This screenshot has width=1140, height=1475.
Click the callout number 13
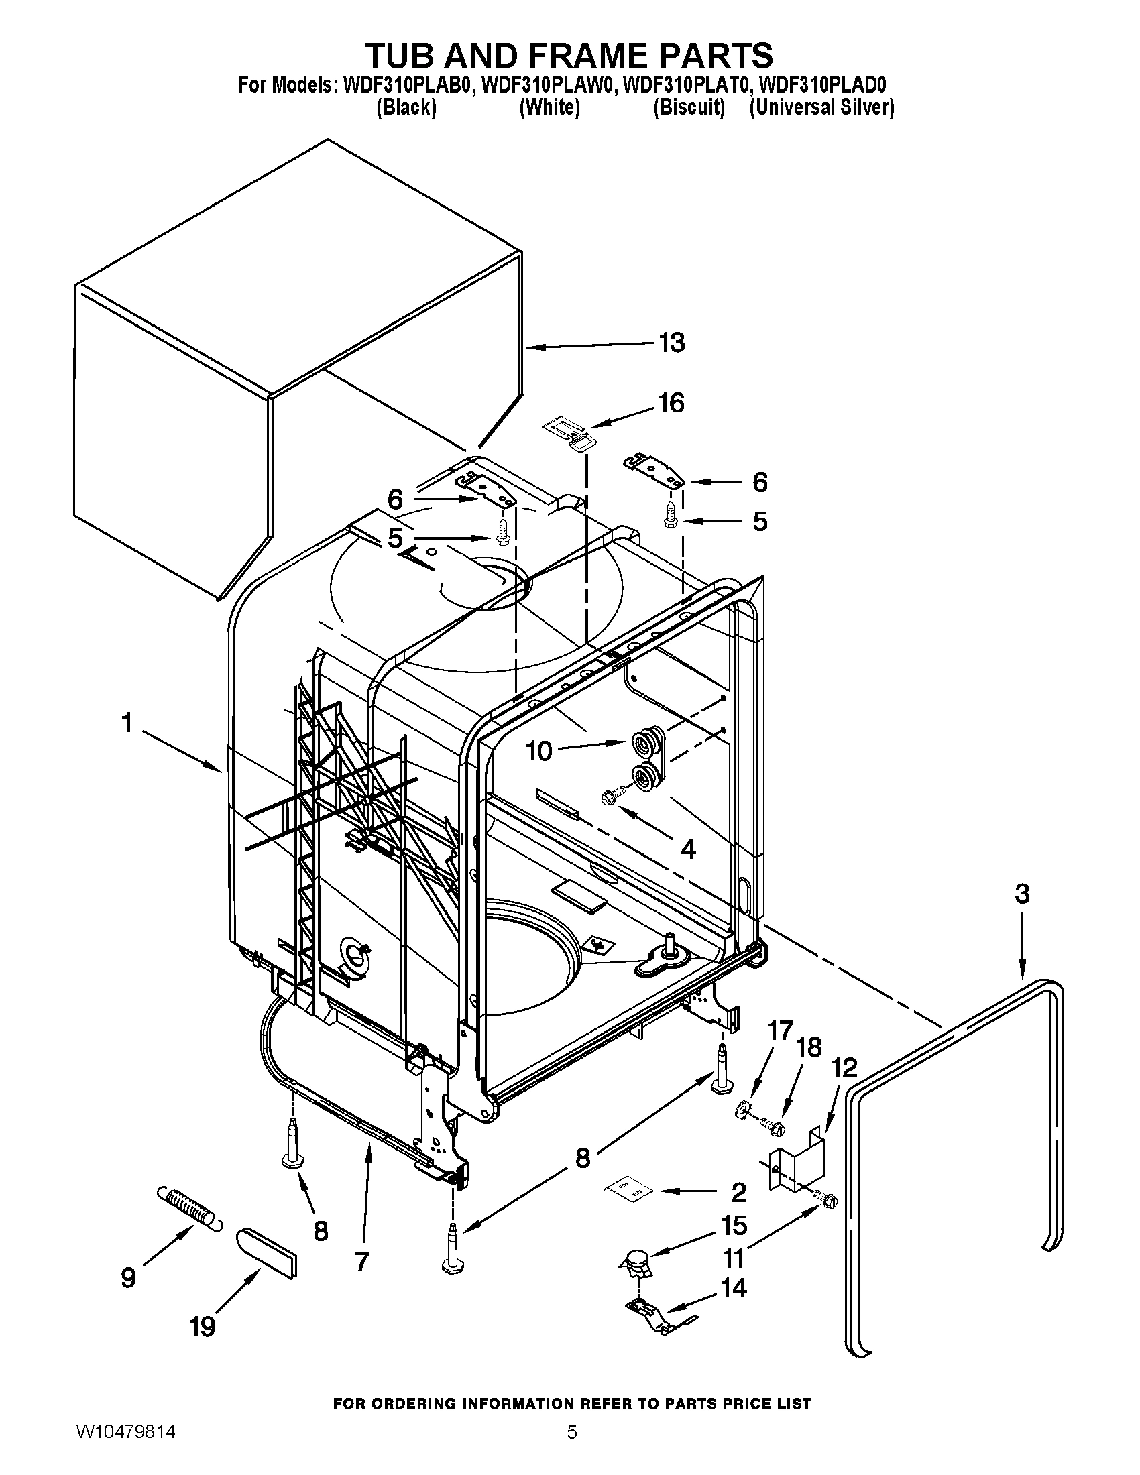pos(671,343)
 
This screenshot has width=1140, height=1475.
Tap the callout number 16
pos(671,402)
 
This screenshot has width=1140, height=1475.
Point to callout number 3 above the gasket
pos(1022,894)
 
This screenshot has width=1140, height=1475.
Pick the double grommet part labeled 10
pos(646,761)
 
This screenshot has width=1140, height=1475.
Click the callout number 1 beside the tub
pos(126,723)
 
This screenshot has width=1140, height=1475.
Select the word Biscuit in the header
pos(688,107)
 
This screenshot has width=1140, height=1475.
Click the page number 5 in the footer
pos(571,1448)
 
